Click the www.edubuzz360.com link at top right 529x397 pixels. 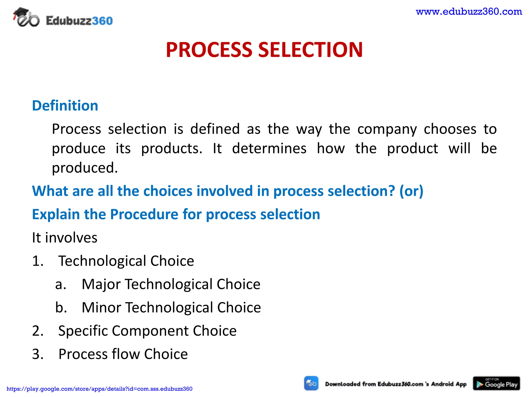tap(469, 12)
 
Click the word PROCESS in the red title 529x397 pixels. tap(209, 50)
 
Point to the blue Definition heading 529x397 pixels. tap(65, 106)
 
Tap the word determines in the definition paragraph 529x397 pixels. tap(269, 148)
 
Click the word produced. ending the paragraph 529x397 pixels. tap(85, 168)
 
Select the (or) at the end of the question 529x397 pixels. tap(411, 191)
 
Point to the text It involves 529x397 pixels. tap(65, 238)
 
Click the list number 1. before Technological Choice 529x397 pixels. tap(38, 261)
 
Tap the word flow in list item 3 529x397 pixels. tap(125, 354)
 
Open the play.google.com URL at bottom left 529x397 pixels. tap(99, 389)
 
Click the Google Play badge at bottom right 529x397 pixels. tap(496, 384)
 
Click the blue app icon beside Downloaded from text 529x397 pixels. tap(311, 383)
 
